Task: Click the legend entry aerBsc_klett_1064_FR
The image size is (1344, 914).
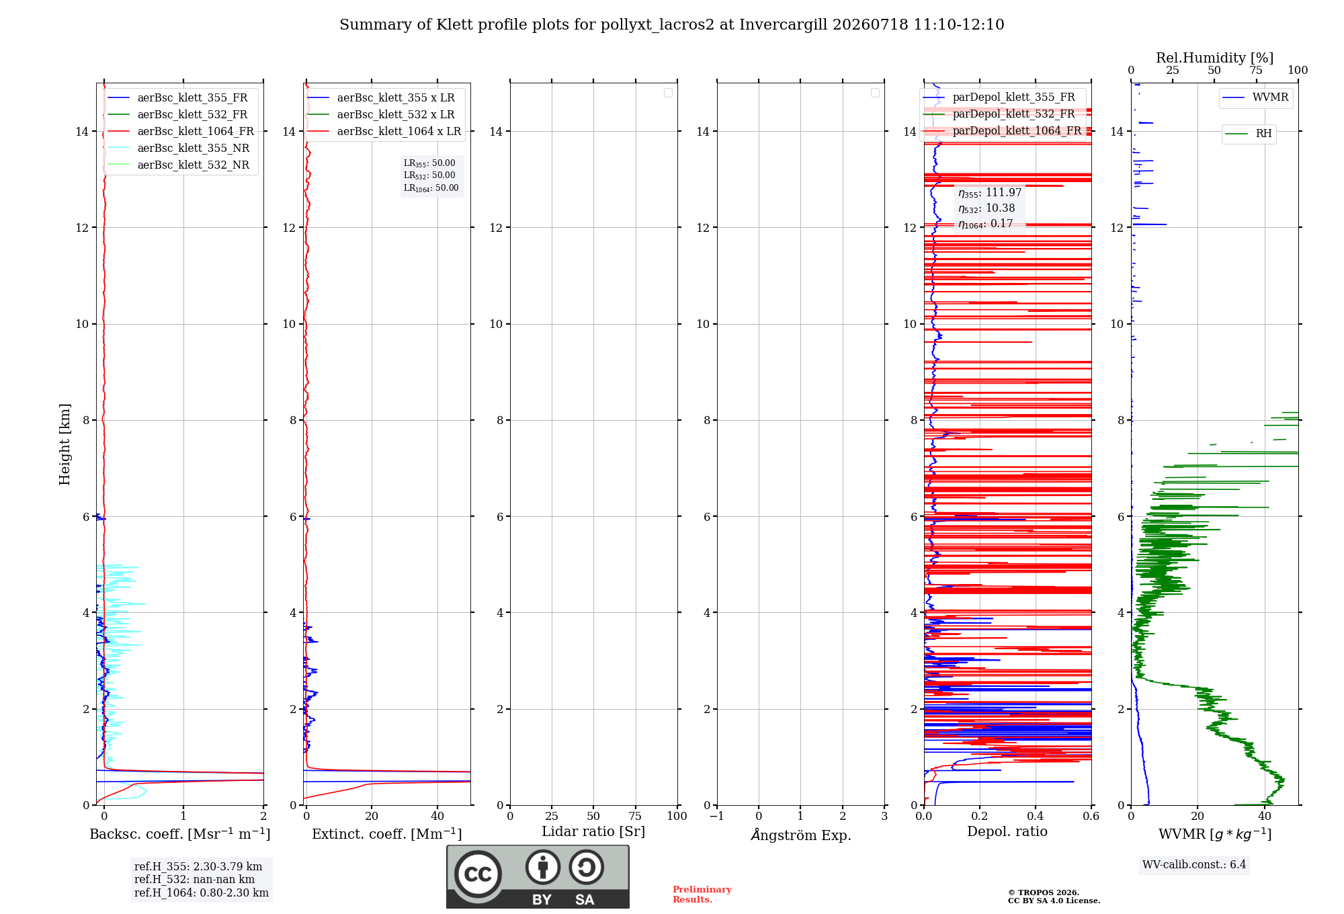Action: point(181,131)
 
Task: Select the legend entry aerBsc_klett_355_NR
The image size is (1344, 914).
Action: point(179,148)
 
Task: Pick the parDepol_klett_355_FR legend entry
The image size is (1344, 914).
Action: point(999,97)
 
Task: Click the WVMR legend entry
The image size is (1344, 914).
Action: point(1255,97)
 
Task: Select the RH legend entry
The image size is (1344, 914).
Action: point(1249,134)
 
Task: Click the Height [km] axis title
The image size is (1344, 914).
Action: point(65,444)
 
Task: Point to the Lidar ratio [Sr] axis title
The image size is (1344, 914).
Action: point(593,831)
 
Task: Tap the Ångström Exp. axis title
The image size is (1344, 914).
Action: point(801,835)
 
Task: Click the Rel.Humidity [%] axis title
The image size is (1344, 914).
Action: point(1215,58)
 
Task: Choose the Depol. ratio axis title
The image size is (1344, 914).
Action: point(1007,831)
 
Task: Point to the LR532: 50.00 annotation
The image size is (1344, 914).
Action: point(429,175)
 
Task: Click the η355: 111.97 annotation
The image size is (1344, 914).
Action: point(990,193)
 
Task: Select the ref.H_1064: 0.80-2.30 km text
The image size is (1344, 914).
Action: point(202,892)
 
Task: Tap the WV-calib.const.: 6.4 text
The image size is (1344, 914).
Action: point(1194,864)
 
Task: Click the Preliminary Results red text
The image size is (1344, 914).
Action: point(702,895)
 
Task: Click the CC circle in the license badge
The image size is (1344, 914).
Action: point(478,874)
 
